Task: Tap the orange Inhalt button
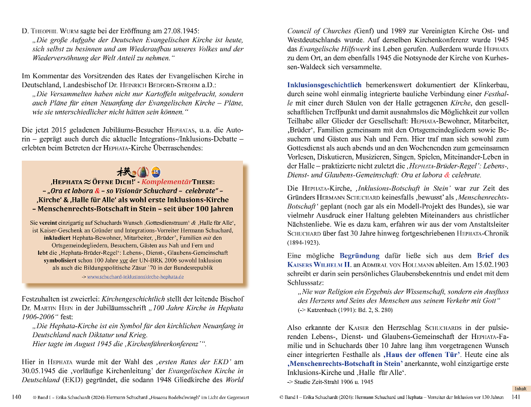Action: coord(521,389)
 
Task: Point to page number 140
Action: coord(16,397)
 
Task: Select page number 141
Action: coord(516,397)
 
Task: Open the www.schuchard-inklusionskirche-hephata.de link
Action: coord(135,277)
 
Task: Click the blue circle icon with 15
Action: coord(156,172)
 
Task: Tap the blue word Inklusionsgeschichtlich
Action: coord(324,85)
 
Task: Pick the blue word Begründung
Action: coord(359,256)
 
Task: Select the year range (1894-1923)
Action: coord(304,242)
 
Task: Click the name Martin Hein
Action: coord(53,308)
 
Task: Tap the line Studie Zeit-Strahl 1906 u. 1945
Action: coord(330,382)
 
